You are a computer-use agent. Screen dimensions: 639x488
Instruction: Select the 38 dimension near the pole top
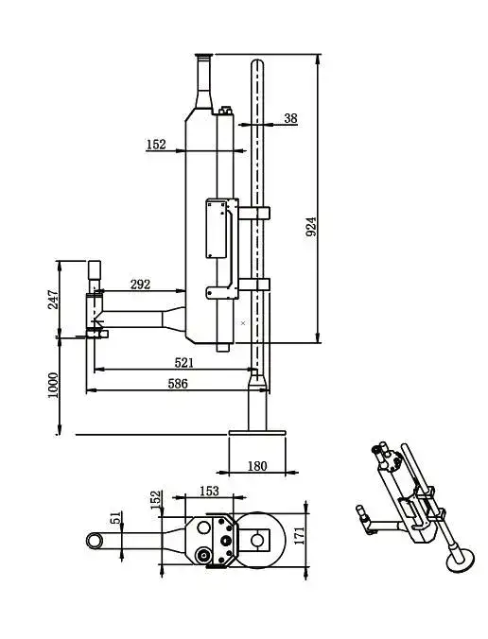click(x=290, y=118)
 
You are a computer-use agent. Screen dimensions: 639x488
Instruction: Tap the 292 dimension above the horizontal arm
click(x=140, y=284)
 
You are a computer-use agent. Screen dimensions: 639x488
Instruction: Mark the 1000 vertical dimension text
click(x=53, y=386)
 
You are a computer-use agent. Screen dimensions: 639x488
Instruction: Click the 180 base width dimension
click(x=257, y=465)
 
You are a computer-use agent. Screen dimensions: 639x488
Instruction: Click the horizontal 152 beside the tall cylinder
click(x=156, y=145)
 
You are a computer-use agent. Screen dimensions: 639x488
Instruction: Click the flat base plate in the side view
click(x=256, y=434)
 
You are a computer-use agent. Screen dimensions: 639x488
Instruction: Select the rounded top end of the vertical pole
click(x=257, y=63)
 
